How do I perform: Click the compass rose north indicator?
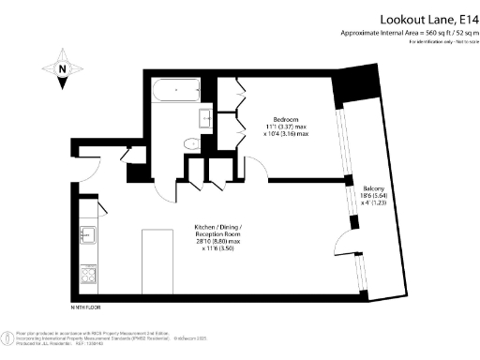tap(63, 68)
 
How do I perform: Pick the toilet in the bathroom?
tap(192, 142)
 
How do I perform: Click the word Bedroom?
tap(286, 120)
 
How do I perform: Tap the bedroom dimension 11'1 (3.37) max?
tap(286, 128)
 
